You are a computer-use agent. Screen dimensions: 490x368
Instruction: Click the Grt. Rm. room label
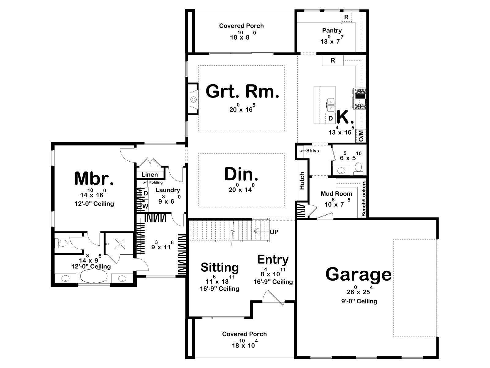point(242,91)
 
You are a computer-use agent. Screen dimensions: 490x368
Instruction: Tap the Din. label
point(241,174)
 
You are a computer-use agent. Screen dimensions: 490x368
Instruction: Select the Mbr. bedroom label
point(94,178)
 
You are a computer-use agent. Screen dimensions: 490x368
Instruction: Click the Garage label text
point(358,274)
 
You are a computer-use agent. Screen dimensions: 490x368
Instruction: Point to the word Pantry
point(332,30)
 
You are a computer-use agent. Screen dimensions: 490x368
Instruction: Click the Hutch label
point(302,181)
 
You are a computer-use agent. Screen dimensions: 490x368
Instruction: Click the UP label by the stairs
point(274,232)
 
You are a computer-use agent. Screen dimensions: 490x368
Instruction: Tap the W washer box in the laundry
point(145,206)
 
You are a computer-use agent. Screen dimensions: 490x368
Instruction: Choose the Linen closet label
point(149,175)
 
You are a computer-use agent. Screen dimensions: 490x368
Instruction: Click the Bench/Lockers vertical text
point(364,198)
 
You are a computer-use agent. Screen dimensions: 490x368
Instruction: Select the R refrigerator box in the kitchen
point(333,60)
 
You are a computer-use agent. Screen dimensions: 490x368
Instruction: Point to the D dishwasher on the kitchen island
point(331,118)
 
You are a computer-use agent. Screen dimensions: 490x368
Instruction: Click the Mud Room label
point(336,194)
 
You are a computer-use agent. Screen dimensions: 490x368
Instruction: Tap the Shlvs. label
point(313,151)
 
